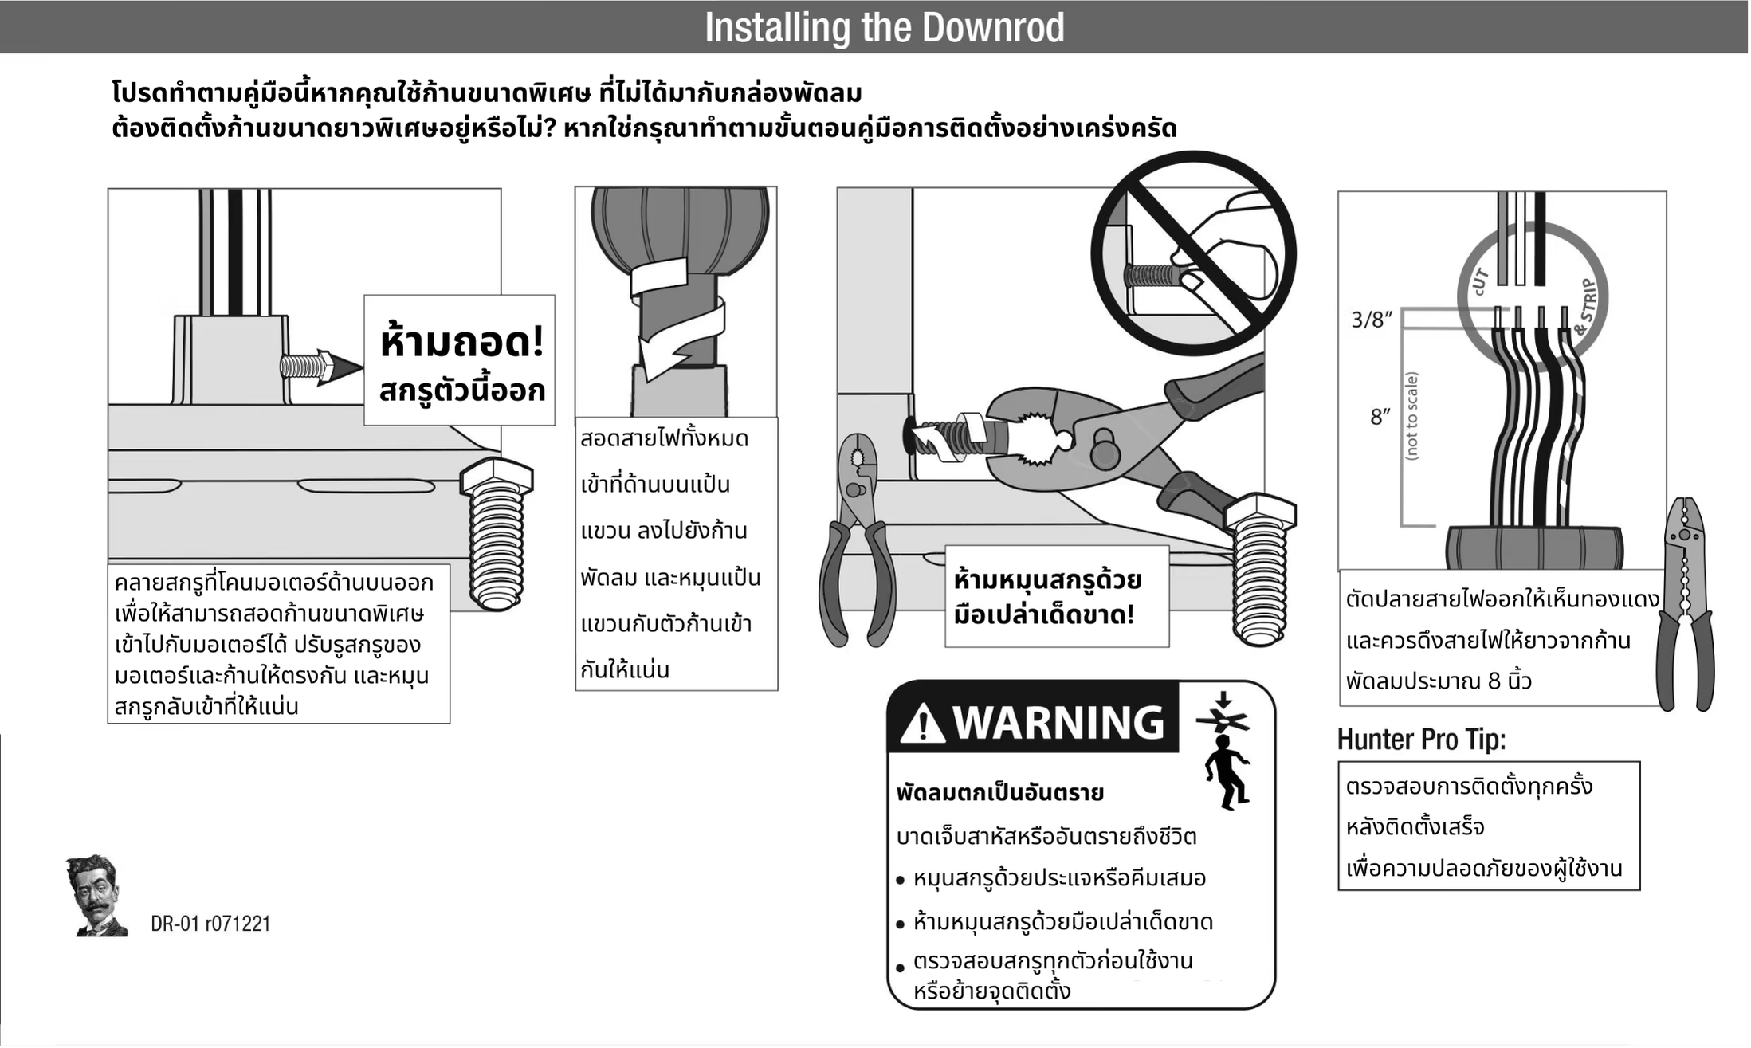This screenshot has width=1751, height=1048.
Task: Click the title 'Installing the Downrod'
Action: pos(884,28)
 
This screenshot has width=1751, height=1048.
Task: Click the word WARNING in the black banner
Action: pos(1058,722)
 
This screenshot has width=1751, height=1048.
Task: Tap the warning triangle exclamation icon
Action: pos(922,724)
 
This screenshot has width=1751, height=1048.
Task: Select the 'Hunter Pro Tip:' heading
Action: pos(1421,740)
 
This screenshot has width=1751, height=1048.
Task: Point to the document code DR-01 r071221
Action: pos(210,924)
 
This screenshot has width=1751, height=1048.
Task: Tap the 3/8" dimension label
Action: pos(1371,320)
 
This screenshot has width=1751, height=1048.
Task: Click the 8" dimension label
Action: pos(1380,416)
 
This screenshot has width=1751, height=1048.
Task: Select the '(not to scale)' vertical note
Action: pos(1411,416)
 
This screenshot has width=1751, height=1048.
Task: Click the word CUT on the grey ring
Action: pos(1479,281)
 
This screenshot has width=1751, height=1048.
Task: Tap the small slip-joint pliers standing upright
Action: pos(858,542)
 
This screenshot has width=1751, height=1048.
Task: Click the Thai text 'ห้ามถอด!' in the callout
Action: pos(461,341)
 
